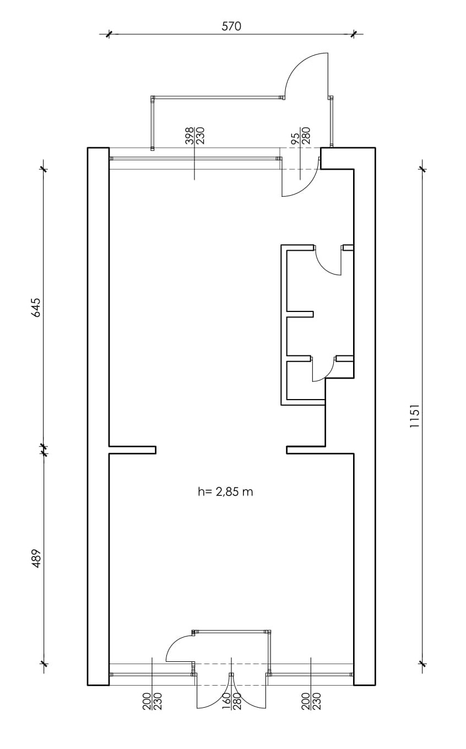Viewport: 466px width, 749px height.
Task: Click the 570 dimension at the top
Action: pyautogui.click(x=231, y=26)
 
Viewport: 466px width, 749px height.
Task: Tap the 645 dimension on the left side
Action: pyautogui.click(x=36, y=308)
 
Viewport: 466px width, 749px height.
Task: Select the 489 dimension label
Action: pyautogui.click(x=36, y=558)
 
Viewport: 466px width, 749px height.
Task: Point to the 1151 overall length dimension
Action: pyautogui.click(x=414, y=416)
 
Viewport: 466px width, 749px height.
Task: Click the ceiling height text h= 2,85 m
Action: pyautogui.click(x=225, y=492)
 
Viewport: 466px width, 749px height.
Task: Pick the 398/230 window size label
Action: pyautogui.click(x=195, y=136)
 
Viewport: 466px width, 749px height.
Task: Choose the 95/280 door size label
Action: pyautogui.click(x=301, y=136)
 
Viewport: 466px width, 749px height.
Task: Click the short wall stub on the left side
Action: pyautogui.click(x=132, y=450)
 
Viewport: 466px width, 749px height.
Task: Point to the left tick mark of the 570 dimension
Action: pyautogui.click(x=109, y=34)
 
